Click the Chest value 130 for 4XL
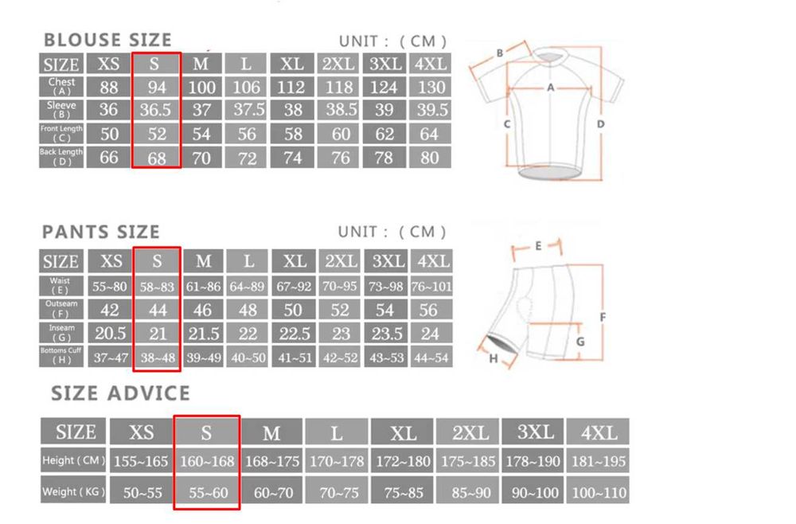430,87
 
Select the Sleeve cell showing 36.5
156,110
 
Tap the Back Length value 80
430,158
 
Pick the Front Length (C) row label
61,133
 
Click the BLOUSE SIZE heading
107,40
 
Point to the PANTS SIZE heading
101,232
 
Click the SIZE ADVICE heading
121,393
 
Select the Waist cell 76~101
431,286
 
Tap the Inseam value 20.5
110,333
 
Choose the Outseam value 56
430,310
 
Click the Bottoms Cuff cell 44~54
431,358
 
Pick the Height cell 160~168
206,461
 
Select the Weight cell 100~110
599,493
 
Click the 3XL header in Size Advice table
535,432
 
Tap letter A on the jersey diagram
550,88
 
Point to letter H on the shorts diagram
494,359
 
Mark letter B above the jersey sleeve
500,53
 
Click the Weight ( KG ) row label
73,491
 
